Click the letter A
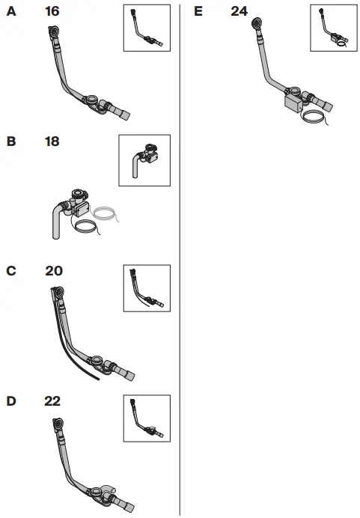click(x=10, y=12)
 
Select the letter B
click(x=10, y=141)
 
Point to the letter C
click(x=10, y=271)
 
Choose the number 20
click(x=54, y=271)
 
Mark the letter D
click(x=10, y=401)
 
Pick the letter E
click(x=198, y=12)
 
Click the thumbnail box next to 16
click(x=146, y=28)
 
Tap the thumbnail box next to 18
click(x=144, y=160)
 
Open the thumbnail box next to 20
click(x=146, y=288)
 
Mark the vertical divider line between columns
click(x=180, y=299)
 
